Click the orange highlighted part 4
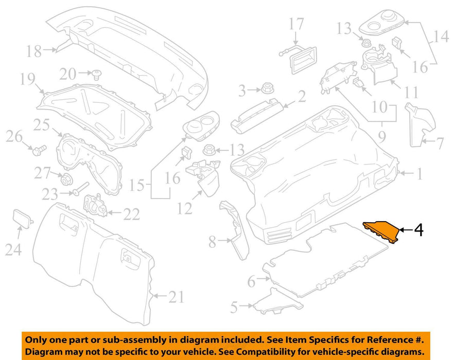382,231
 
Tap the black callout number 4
419,230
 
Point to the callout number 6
251,281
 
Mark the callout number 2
301,96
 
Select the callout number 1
420,175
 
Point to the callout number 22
131,214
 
